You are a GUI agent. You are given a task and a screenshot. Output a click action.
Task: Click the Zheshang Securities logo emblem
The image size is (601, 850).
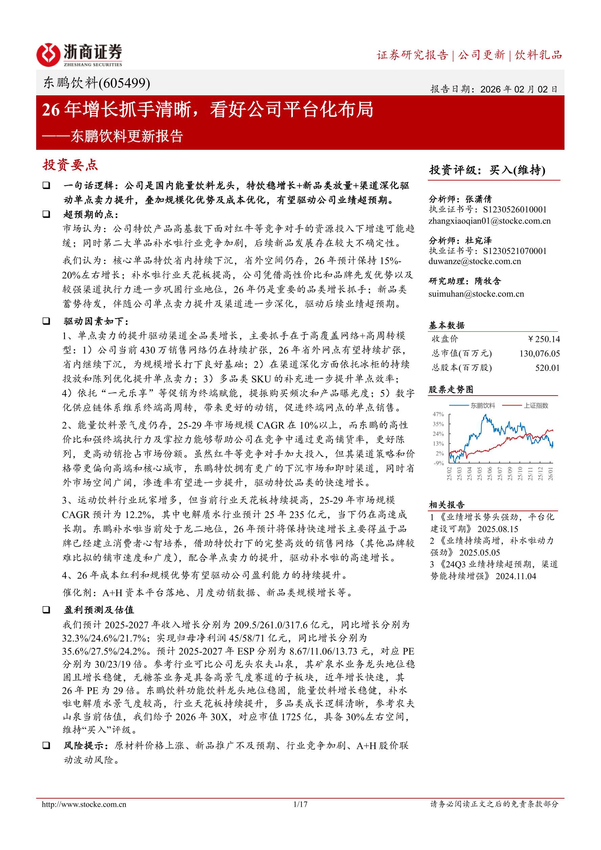(x=48, y=55)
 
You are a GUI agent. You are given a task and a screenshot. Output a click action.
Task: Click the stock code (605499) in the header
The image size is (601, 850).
(x=124, y=83)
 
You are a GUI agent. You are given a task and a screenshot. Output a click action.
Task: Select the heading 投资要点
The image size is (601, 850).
(x=70, y=165)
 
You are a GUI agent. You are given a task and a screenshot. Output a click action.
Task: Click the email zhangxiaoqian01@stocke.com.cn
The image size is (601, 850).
(x=489, y=221)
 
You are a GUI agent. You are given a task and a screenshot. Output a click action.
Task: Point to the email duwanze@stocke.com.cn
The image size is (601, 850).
(x=475, y=261)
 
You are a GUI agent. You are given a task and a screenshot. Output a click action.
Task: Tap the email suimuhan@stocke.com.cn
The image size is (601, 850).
(x=476, y=294)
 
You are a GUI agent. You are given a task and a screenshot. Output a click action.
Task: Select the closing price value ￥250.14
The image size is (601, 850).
(x=544, y=339)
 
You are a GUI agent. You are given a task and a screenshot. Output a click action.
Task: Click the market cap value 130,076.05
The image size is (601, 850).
(x=539, y=354)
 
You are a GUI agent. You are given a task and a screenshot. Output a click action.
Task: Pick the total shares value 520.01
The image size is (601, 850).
(x=547, y=368)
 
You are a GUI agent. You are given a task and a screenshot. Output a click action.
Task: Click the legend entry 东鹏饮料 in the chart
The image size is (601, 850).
(x=483, y=406)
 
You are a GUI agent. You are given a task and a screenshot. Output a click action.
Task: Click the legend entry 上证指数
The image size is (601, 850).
(x=535, y=406)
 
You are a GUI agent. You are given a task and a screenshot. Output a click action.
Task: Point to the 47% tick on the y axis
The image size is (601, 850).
(x=438, y=414)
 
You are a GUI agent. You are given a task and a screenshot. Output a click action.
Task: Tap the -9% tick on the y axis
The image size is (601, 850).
(x=439, y=463)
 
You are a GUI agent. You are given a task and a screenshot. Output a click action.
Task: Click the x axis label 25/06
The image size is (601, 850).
(x=489, y=474)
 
